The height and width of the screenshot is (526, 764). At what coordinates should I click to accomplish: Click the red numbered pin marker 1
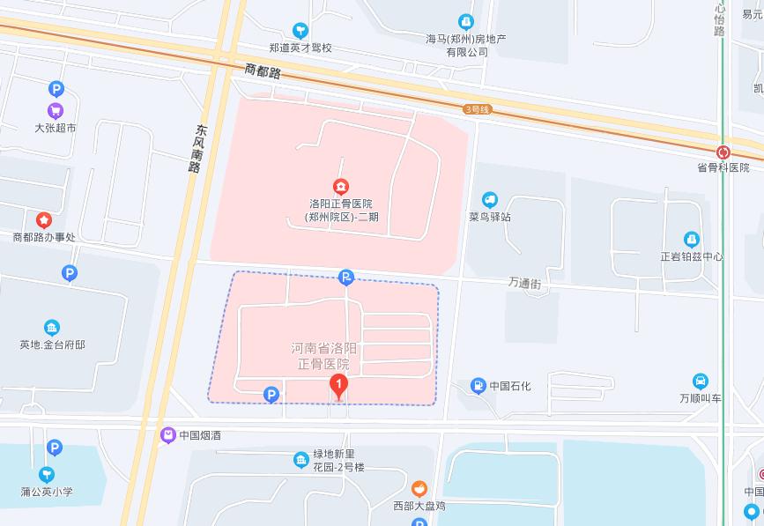337,385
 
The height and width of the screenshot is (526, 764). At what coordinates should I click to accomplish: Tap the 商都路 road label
263,71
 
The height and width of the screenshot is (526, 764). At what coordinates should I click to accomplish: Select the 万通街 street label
524,283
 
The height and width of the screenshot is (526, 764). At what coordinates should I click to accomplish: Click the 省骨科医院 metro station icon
723,152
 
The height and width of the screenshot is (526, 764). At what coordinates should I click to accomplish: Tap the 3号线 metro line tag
477,109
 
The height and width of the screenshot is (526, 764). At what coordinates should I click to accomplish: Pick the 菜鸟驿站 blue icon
490,200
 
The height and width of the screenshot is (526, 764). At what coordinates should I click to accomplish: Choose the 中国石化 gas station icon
478,385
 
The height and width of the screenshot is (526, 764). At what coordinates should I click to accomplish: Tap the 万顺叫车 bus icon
700,382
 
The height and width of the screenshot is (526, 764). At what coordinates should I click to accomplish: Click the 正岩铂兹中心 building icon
692,240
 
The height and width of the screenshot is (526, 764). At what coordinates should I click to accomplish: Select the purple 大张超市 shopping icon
56,111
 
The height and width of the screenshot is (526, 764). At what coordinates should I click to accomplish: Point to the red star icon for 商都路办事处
43,219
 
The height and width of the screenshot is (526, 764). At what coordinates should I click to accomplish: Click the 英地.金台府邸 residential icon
52,328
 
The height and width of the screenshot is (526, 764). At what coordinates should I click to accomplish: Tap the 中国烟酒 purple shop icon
167,434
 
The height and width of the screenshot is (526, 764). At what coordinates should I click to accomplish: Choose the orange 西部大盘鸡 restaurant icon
419,488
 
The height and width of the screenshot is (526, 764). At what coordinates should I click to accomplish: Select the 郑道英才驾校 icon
300,31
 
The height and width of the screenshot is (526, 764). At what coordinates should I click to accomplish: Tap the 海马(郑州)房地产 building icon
466,22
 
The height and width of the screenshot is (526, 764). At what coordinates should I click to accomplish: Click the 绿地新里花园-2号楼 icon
301,459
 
